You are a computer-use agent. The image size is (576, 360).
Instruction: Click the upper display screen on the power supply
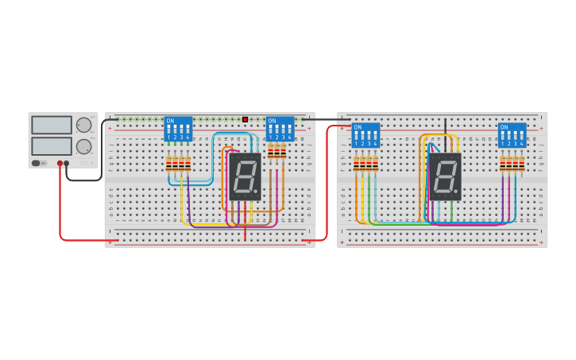point(51,125)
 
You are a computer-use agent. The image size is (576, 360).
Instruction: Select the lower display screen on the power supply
point(51,145)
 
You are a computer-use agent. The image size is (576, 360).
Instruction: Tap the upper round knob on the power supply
point(83,125)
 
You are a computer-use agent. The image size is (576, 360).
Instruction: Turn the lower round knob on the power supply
point(83,146)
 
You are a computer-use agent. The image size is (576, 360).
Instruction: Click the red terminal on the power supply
point(60,163)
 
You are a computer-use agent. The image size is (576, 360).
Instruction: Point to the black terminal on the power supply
point(67,163)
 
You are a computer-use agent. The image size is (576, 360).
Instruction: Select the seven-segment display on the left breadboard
point(245,176)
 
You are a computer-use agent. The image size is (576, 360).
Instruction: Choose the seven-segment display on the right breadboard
point(445,176)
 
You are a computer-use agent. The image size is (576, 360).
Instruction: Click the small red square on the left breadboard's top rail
point(245,119)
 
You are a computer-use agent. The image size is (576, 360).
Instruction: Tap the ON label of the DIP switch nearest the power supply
point(170,122)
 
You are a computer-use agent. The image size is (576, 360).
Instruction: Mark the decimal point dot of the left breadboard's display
point(257,194)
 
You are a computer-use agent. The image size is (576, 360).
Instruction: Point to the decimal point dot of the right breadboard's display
point(458,194)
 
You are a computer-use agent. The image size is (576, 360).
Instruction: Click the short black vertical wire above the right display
point(445,126)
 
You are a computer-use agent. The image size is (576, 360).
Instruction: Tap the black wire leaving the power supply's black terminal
point(87,180)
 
